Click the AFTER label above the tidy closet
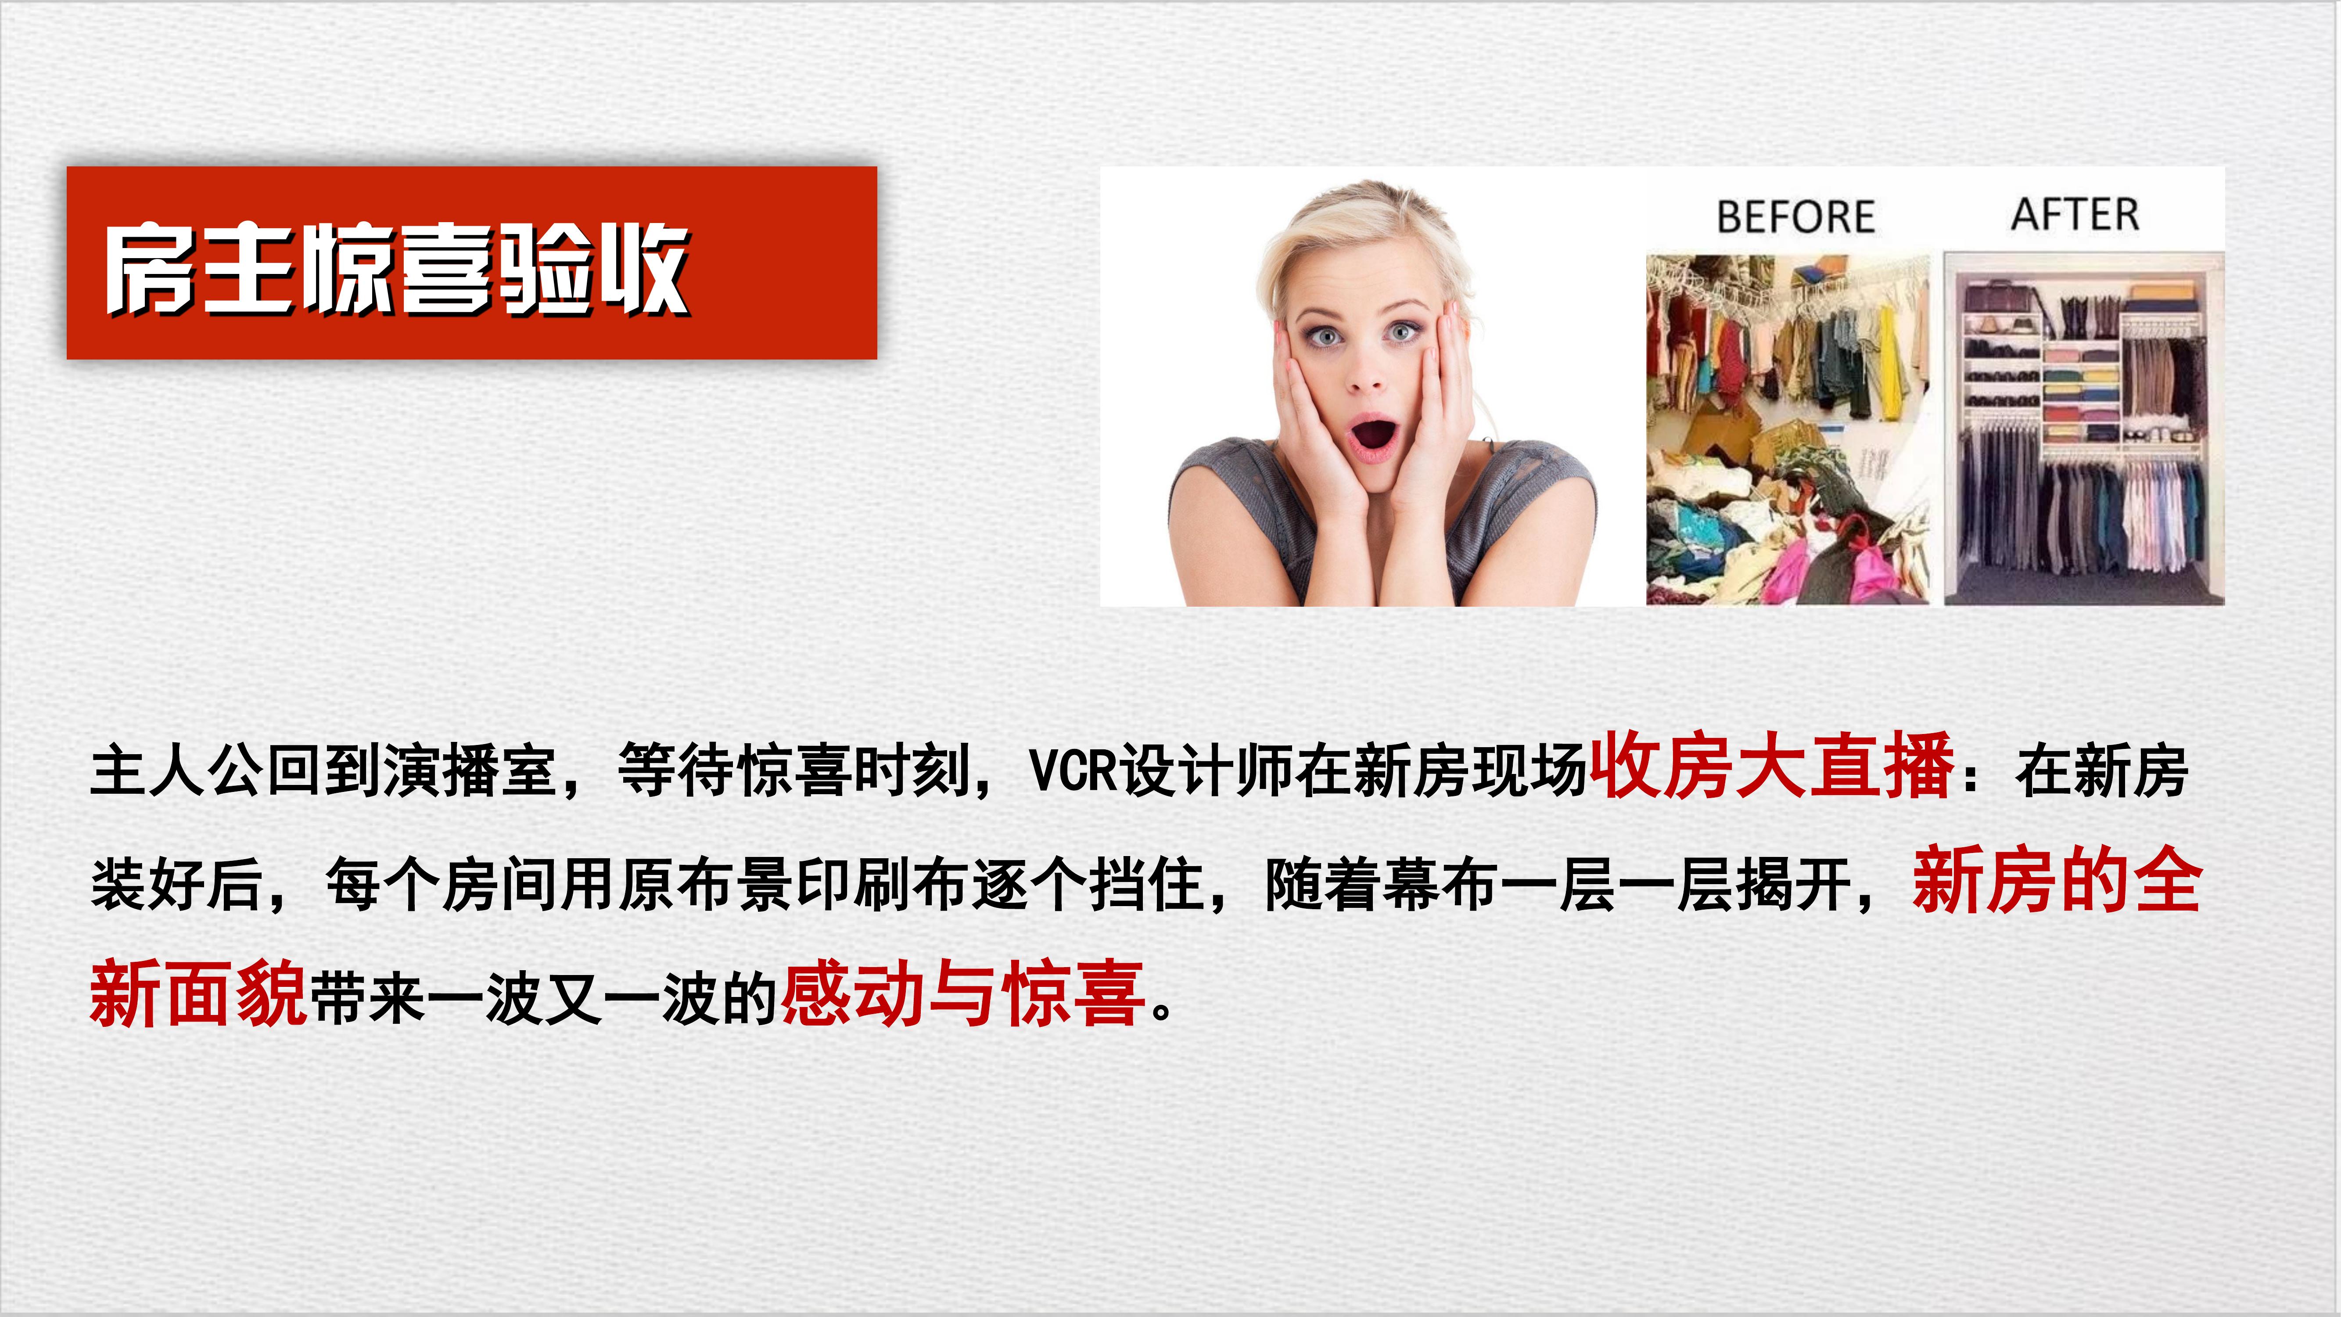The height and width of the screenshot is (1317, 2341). point(2075,215)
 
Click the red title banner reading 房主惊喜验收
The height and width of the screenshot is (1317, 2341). point(472,263)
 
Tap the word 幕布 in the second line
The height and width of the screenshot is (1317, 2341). point(1440,883)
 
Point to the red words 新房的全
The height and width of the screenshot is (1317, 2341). point(2057,880)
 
